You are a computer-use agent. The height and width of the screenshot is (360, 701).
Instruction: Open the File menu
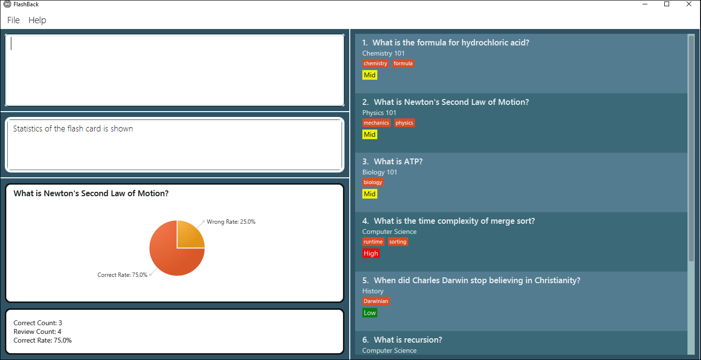click(14, 20)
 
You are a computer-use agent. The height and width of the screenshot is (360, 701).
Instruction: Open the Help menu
click(37, 20)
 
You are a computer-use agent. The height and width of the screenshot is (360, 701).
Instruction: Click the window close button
click(689, 4)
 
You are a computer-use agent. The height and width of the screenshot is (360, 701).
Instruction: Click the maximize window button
click(667, 4)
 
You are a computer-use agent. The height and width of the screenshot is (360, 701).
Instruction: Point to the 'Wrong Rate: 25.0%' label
click(231, 222)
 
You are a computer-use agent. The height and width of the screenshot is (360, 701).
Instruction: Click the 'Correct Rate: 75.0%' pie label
click(122, 275)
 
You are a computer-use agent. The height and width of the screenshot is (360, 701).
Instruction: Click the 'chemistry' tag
click(375, 63)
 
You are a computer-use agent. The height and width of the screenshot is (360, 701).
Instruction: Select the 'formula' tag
click(403, 63)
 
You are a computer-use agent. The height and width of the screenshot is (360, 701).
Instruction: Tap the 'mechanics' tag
click(376, 123)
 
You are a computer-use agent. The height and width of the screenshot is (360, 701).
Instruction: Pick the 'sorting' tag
click(398, 242)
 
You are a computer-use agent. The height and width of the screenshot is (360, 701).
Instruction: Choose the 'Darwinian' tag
click(376, 301)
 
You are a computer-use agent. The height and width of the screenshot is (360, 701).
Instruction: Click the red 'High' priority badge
click(371, 253)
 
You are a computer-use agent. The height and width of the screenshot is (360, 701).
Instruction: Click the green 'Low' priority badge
click(370, 313)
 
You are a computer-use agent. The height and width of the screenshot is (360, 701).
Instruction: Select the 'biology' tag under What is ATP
click(372, 182)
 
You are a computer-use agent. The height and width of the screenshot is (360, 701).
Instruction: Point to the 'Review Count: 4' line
click(37, 331)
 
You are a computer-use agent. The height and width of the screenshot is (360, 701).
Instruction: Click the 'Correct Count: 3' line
click(38, 323)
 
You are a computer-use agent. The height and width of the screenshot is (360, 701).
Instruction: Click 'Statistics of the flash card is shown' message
click(73, 129)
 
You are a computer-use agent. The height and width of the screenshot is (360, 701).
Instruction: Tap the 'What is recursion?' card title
click(408, 340)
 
